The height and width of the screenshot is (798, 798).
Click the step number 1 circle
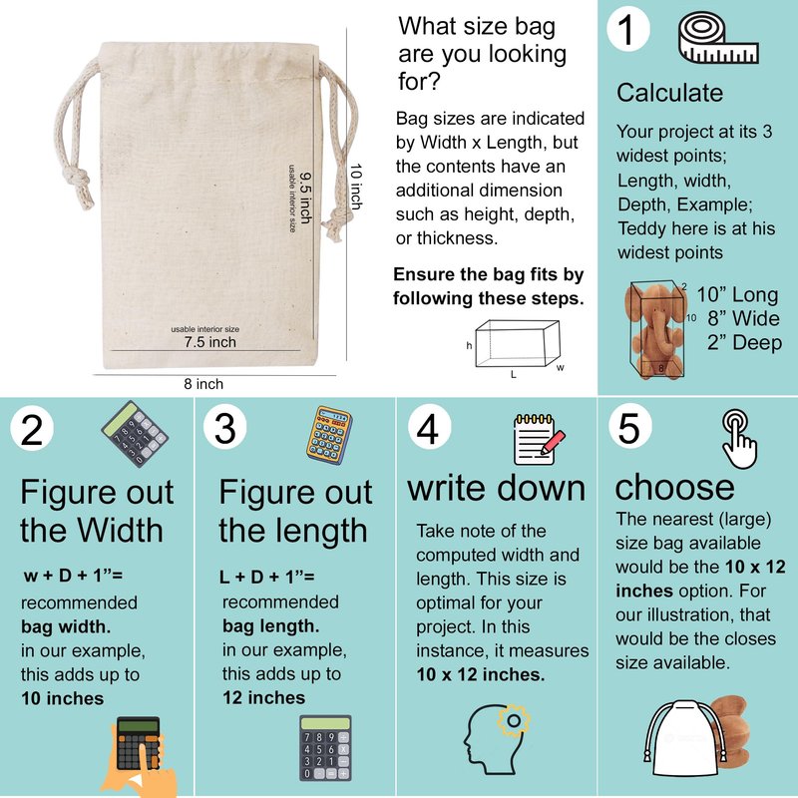point(628,29)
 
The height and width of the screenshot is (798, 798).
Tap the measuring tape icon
point(718,39)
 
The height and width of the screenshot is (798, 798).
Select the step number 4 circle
point(429,427)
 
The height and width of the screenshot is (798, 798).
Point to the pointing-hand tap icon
point(739,439)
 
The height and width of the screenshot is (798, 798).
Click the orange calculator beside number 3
point(329,435)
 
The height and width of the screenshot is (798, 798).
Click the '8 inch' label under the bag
point(203,384)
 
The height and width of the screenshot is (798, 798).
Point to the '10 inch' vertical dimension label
point(356,187)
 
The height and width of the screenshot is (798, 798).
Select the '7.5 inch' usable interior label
point(210,342)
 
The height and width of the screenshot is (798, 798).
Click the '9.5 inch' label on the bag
point(305,198)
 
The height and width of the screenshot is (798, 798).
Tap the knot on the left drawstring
point(78,181)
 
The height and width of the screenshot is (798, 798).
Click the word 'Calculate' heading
point(669,93)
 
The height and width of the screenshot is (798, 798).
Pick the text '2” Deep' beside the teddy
point(744,342)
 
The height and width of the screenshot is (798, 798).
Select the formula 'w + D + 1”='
point(73,576)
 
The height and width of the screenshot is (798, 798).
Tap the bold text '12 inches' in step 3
point(263,697)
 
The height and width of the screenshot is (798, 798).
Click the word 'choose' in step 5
point(674,487)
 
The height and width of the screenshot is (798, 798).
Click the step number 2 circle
point(32,430)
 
